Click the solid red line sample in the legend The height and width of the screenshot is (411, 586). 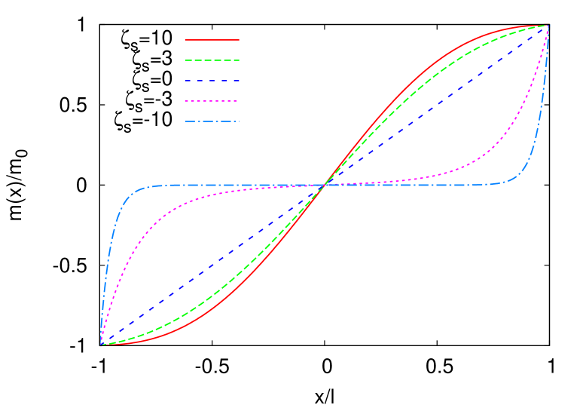(x=212, y=39)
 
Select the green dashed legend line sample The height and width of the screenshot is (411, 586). (x=212, y=60)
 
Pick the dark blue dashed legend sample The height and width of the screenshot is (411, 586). (x=212, y=81)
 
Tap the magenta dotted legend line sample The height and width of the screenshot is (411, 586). (x=212, y=101)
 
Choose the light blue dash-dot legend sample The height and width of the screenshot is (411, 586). (x=212, y=121)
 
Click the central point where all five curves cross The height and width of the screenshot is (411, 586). (x=325, y=185)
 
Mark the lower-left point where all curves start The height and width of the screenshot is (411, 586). (x=101, y=345)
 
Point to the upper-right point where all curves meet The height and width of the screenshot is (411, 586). (x=548, y=25)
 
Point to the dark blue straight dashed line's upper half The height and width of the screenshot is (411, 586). (x=437, y=105)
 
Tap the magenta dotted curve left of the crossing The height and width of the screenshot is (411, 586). (x=188, y=201)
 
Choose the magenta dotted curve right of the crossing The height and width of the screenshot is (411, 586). (x=459, y=170)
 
